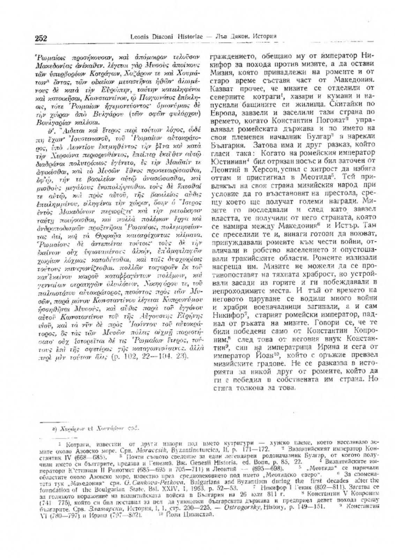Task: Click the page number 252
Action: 41,38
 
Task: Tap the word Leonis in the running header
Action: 140,36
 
